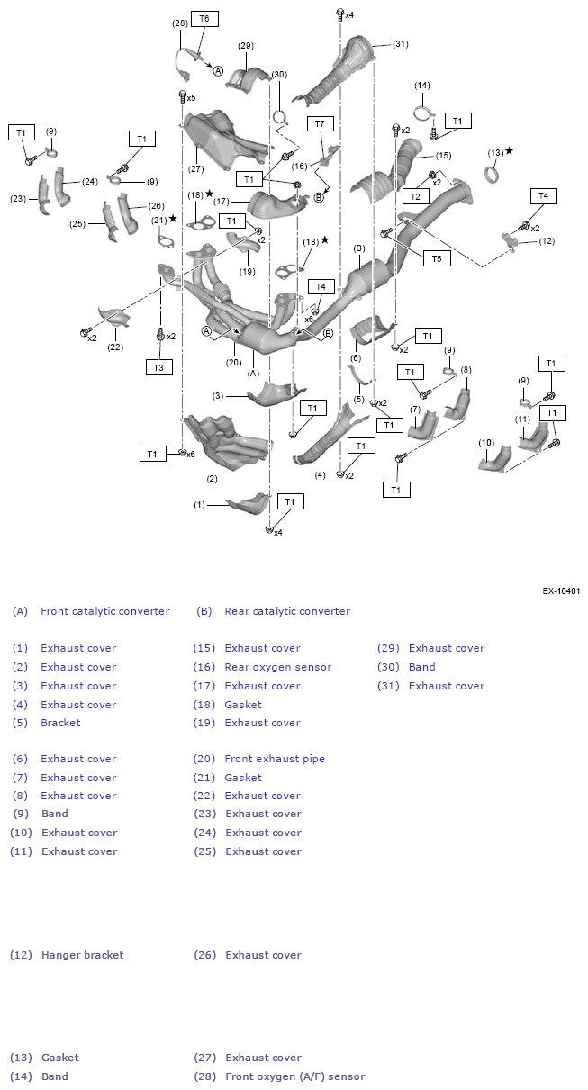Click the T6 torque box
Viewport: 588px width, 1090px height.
(x=204, y=19)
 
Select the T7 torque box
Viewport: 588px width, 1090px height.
(x=320, y=123)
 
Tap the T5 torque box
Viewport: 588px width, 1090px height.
(x=437, y=258)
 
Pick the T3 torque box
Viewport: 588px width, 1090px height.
(x=159, y=367)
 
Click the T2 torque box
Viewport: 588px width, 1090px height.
(x=415, y=196)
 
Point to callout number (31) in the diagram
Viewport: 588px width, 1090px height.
(x=400, y=44)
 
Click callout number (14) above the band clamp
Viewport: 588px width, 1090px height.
(x=422, y=86)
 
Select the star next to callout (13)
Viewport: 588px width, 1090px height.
(x=509, y=151)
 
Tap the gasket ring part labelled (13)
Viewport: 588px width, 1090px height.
(x=493, y=174)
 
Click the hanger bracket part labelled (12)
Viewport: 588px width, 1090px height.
(x=509, y=242)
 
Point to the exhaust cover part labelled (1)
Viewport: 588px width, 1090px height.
(x=249, y=504)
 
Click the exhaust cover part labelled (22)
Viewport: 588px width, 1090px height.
(x=115, y=317)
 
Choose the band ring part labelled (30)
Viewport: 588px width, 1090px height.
(x=279, y=117)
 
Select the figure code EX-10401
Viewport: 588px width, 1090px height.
(x=561, y=590)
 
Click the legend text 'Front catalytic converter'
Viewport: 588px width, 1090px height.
(x=105, y=611)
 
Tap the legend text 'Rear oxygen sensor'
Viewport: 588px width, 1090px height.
(x=278, y=667)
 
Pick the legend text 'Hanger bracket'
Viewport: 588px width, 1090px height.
(x=82, y=955)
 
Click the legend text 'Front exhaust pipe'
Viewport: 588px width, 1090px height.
(x=275, y=759)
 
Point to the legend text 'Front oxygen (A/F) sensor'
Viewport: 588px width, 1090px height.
(x=295, y=1076)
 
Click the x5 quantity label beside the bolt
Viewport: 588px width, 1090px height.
(x=191, y=98)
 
